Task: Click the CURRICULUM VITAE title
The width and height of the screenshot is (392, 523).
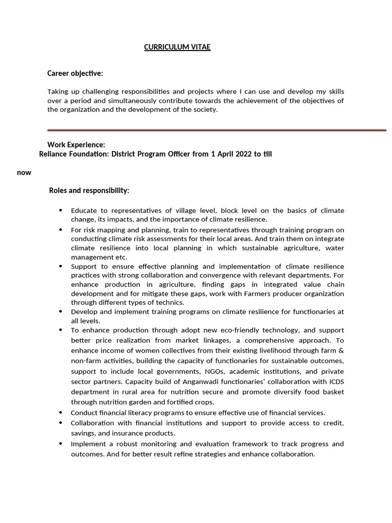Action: pos(177,47)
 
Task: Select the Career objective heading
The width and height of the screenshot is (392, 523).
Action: pos(75,74)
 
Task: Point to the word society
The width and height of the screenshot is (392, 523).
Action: pos(205,110)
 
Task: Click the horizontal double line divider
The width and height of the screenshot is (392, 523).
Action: pos(216,130)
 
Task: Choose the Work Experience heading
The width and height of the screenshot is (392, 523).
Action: pos(76,145)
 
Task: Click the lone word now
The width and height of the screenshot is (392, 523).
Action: pos(24,173)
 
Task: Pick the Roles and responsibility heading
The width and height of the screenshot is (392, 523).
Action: pos(89,191)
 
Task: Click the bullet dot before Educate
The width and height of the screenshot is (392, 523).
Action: pos(61,210)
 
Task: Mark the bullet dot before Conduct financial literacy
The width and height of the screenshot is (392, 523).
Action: pos(61,413)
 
